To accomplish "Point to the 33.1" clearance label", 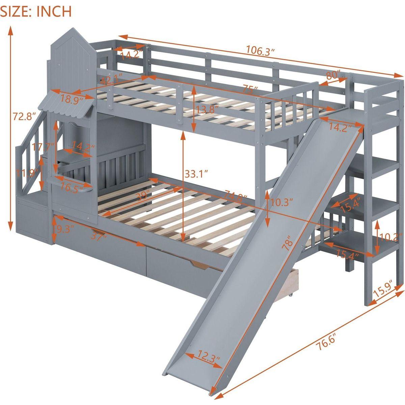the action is point(196,174).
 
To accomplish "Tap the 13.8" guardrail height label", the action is point(207,109).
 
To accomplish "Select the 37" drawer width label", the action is point(99,237).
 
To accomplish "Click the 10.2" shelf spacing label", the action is point(390,238).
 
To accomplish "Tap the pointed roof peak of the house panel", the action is point(73,28).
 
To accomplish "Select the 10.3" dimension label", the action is point(281,203).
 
